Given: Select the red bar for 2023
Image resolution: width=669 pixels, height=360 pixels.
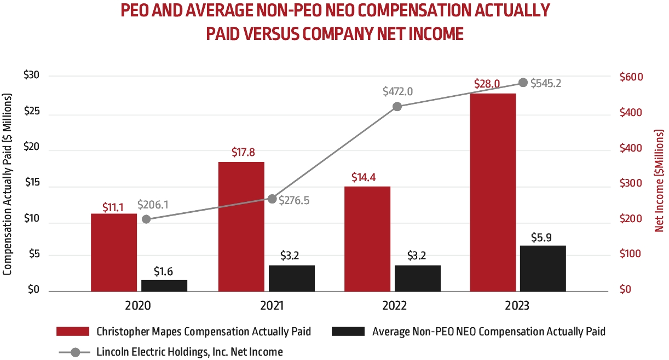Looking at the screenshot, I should coord(493,192).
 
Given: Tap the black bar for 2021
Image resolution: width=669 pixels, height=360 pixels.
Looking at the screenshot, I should coord(291,278).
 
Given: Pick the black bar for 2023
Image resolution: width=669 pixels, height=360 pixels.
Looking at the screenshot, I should coord(543,269).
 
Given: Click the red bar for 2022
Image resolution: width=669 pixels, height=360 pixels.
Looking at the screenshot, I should coord(367,239).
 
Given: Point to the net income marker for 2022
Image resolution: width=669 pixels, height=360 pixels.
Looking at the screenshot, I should coord(397,106).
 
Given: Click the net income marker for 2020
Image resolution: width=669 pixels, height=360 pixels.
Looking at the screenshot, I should coord(146,219).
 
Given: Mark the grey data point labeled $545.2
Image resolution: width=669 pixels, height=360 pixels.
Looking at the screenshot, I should coord(523,83).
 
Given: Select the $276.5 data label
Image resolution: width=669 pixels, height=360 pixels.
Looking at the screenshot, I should coord(294,200).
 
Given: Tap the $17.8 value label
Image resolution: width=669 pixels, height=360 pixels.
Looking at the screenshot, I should coord(241,153).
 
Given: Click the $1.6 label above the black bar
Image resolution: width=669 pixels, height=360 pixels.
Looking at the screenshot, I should coord(165,270).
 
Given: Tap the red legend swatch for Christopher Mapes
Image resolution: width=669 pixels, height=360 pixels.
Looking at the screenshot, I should coord(72,332).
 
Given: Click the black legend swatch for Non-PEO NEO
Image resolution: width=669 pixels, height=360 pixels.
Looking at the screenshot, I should coord(348,332).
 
